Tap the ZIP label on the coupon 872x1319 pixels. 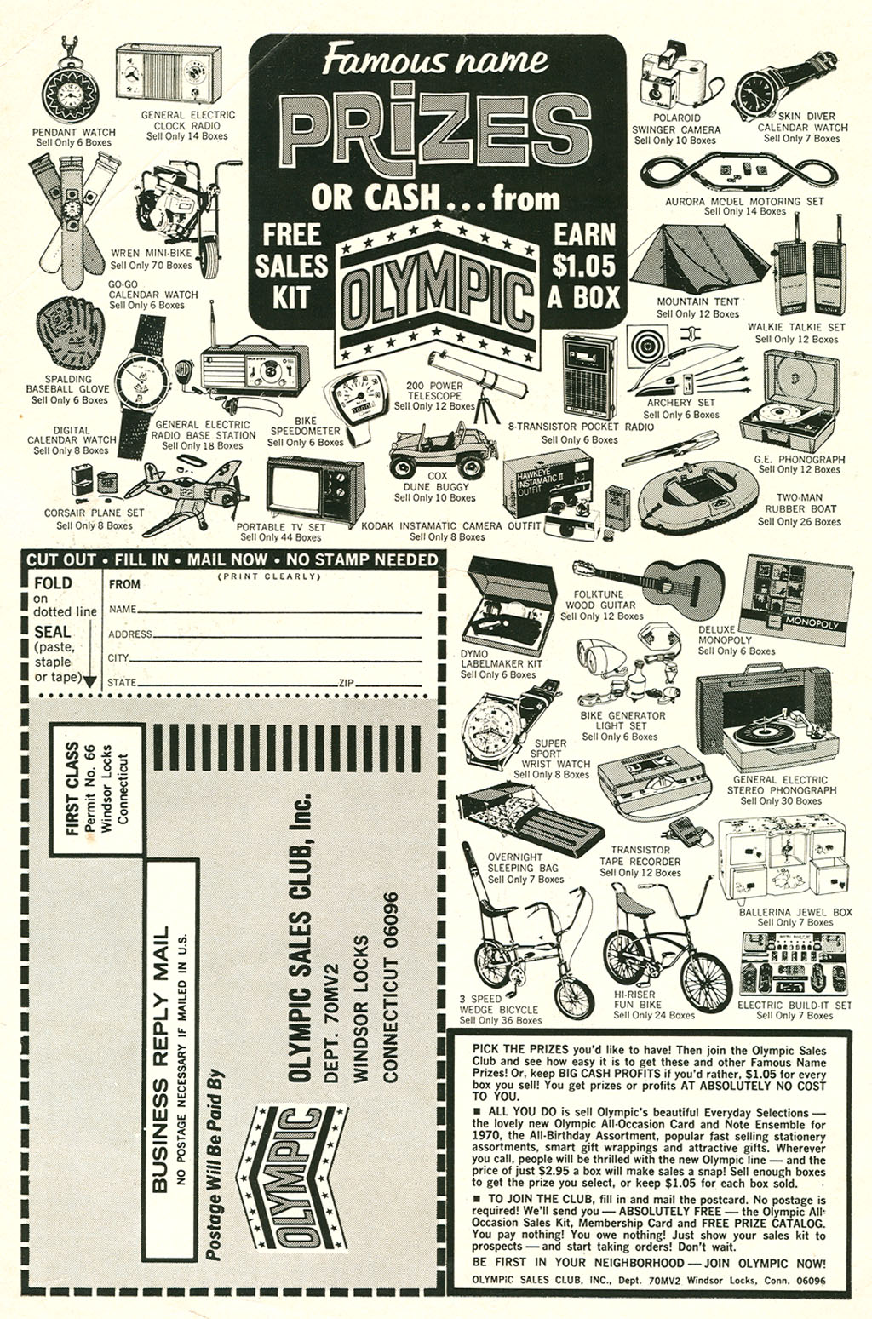tap(346, 683)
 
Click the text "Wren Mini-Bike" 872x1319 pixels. tap(151, 253)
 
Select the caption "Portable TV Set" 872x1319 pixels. tap(280, 527)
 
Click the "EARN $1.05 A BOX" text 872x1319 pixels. tap(584, 266)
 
